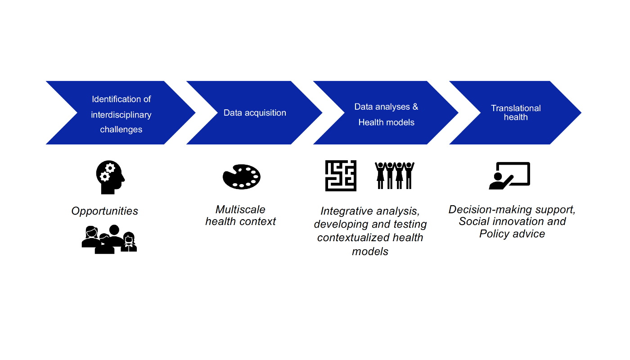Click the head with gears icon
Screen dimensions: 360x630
coord(110,178)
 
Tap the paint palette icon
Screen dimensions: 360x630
coord(242,176)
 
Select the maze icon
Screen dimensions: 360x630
coord(341,175)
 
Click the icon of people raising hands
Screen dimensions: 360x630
coord(395,175)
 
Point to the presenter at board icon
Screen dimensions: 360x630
coord(509,175)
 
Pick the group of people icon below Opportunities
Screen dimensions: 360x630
coord(109,239)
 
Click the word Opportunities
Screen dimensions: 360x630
coord(105,211)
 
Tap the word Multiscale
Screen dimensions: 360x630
coord(240,210)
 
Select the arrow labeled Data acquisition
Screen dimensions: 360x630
coord(254,112)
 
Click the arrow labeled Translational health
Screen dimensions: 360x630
coord(516,112)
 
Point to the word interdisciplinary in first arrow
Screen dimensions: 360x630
coord(121,114)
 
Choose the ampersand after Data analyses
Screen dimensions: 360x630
coord(415,107)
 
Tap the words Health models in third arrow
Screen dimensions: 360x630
coord(386,122)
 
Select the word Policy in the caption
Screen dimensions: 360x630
coord(493,234)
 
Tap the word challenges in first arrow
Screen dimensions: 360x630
coord(121,130)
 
